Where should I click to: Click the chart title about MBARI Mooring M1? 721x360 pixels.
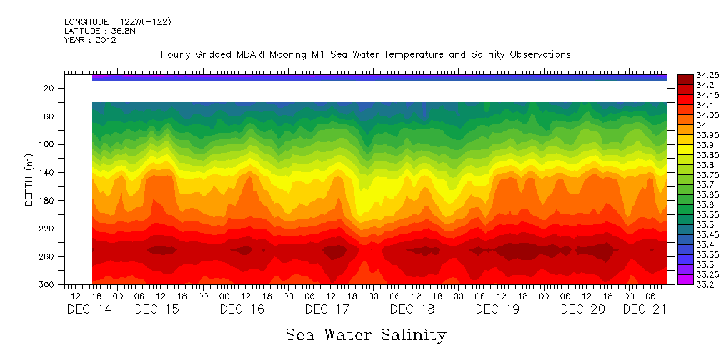coord(365,54)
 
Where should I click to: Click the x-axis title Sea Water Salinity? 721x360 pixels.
coord(366,334)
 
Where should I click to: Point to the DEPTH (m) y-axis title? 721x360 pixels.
coord(29,183)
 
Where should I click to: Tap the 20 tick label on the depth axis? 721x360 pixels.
coord(49,88)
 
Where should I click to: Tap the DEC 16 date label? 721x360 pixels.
coord(242,309)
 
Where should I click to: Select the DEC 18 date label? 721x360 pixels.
coord(412,309)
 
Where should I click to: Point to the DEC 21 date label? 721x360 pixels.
coord(645,309)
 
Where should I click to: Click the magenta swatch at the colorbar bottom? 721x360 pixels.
coord(685,279)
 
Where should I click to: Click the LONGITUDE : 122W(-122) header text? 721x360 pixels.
coord(117,22)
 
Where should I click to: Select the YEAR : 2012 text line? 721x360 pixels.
coord(90,40)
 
